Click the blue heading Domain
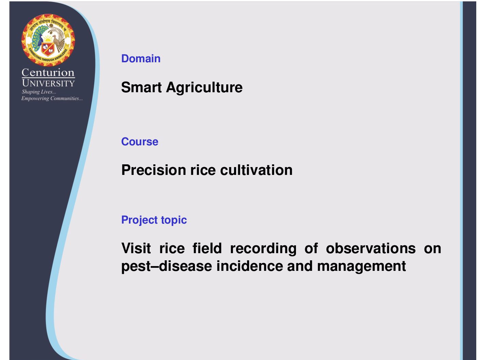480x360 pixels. (141, 59)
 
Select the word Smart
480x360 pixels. (142, 87)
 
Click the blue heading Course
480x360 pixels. (140, 142)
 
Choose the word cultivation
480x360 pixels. (256, 170)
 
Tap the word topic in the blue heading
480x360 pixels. (174, 220)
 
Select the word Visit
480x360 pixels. (136, 248)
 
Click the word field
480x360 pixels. (207, 248)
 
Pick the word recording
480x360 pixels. (263, 249)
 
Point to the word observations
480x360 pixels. (371, 248)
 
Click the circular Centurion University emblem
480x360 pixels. (48, 40)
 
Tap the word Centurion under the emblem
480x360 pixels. (48, 72)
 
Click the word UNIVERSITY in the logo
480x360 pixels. (48, 83)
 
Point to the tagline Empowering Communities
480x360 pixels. (52, 98)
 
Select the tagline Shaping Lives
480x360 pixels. (39, 92)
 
